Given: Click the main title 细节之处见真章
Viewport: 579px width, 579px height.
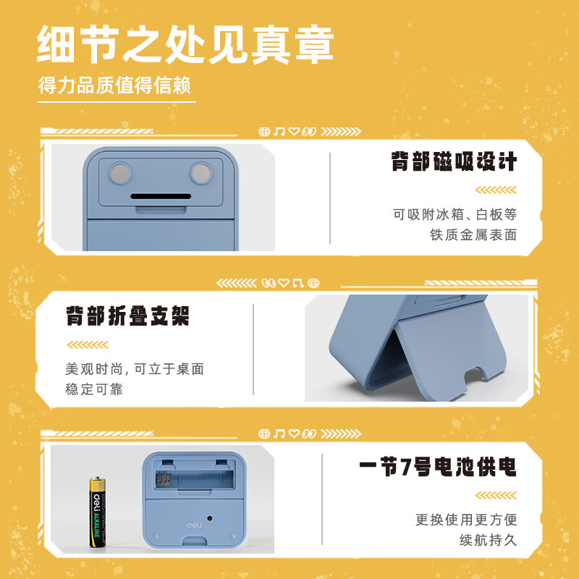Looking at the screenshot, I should pos(185,45).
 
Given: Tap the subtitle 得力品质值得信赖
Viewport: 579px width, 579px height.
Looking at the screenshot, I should pos(114,86).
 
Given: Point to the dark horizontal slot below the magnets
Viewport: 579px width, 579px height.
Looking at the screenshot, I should pos(160,196).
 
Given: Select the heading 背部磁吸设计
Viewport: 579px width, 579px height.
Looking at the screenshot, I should pos(455,161).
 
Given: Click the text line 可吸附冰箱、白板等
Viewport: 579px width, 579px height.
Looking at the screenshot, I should pos(455,214).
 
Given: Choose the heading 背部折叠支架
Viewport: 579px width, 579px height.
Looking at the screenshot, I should pos(127,316).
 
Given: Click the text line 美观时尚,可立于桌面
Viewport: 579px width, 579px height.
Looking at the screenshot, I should pos(135,369).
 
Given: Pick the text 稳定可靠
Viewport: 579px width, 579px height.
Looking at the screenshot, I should pos(94,389).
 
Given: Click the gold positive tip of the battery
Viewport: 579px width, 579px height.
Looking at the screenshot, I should pos(96,478).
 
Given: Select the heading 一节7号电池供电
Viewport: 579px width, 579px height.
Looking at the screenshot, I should pos(438,467).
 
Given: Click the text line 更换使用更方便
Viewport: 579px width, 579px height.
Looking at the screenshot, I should pos(466,520).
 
